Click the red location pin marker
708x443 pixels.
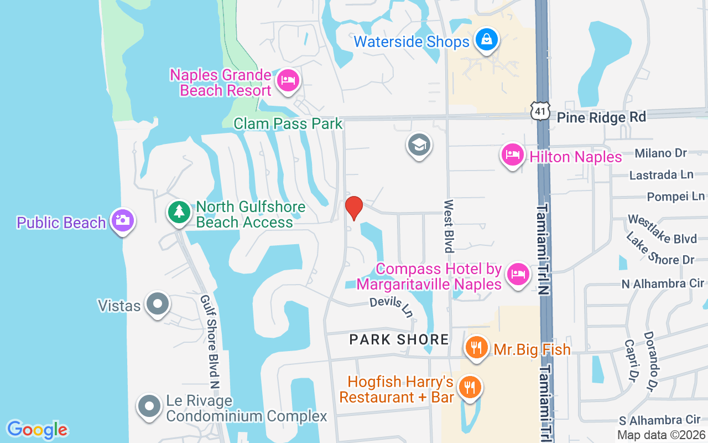click(x=354, y=208)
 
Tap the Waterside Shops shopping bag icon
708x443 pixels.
click(x=486, y=40)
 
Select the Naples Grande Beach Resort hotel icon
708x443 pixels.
click(x=288, y=81)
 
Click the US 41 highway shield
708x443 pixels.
click(x=540, y=111)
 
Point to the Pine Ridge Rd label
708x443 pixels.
click(x=601, y=117)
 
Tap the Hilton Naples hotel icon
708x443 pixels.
click(x=513, y=154)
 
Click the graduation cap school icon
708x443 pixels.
click(x=419, y=145)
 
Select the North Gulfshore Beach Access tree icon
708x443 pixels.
click(x=179, y=212)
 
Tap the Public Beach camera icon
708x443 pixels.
click(x=122, y=220)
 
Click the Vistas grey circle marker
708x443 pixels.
click(x=158, y=304)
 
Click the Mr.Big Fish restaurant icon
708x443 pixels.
click(x=475, y=347)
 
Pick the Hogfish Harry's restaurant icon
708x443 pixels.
click(x=470, y=387)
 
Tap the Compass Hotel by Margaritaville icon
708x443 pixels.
click(x=518, y=274)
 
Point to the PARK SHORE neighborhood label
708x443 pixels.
click(x=399, y=339)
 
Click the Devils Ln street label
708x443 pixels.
click(x=392, y=307)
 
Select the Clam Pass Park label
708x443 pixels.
click(x=288, y=123)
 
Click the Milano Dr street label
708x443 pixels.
click(x=660, y=153)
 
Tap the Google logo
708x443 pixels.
click(x=37, y=429)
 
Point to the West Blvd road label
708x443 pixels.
click(x=449, y=226)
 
